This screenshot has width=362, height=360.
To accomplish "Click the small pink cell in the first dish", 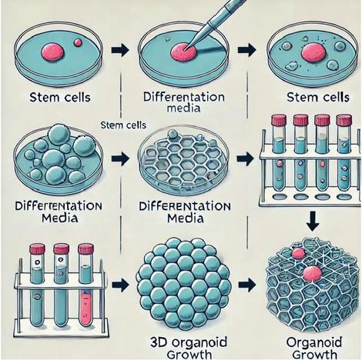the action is (x=78, y=42).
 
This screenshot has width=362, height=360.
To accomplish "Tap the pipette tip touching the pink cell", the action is (x=186, y=47).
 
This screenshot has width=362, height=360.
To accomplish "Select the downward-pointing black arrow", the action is (x=313, y=221).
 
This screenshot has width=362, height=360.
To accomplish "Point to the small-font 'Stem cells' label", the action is (x=123, y=125).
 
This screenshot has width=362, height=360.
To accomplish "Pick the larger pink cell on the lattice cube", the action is (x=312, y=273).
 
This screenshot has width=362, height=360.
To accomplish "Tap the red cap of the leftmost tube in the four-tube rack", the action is (x=279, y=120).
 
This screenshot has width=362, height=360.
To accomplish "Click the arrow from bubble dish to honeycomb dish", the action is (x=121, y=158).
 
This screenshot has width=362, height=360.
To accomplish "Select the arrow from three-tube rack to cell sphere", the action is (x=121, y=285).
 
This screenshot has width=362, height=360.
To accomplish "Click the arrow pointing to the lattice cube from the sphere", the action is (x=247, y=285).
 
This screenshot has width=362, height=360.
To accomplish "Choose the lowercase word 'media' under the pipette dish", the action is (x=183, y=108).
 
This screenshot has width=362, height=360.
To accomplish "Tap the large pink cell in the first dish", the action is (x=52, y=51).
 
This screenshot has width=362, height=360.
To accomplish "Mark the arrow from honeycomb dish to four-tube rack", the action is (x=245, y=158).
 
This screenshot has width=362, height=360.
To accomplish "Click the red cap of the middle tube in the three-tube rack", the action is (x=61, y=248).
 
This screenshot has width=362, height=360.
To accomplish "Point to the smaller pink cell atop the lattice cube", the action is (x=298, y=253).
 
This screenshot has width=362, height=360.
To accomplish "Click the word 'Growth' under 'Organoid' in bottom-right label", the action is (x=314, y=355).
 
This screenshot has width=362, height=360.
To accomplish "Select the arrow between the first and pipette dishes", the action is (x=121, y=49).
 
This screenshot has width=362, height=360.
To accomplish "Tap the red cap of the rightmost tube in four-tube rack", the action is (x=344, y=120).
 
